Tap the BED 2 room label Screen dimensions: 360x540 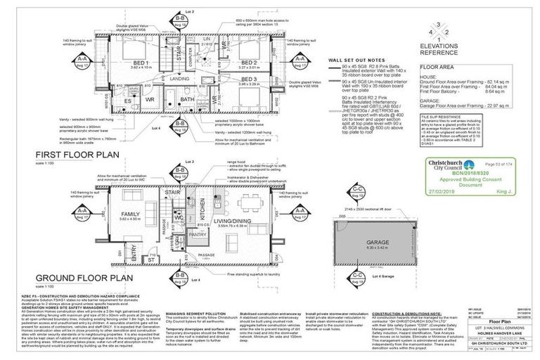pos(247,61)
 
